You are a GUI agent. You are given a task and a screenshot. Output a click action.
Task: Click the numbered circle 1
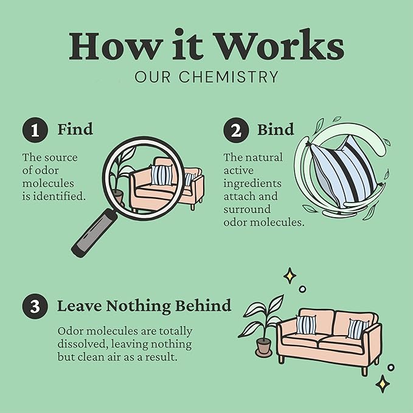[35, 130]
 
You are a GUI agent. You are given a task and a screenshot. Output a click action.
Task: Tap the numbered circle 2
[236, 130]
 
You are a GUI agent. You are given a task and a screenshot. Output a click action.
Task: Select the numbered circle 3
[35, 307]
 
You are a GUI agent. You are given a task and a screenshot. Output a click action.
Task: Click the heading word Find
[75, 129]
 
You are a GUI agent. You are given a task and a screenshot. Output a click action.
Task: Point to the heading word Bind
[276, 130]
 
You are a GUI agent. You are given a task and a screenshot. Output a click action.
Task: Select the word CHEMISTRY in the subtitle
[229, 77]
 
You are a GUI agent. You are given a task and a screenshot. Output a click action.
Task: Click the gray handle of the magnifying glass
[94, 233]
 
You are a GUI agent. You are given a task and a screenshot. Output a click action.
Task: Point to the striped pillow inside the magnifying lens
[162, 175]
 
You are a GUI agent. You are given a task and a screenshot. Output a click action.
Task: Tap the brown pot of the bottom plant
[263, 347]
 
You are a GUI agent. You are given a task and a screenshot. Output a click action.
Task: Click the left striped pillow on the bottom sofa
[306, 325]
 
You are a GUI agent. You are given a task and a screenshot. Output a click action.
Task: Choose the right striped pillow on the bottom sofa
[358, 328]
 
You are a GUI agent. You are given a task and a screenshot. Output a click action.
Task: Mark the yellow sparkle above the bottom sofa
[290, 276]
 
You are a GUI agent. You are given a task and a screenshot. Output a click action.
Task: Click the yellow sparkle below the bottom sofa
[383, 384]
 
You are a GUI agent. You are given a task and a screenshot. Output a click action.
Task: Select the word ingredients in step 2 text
[252, 184]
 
